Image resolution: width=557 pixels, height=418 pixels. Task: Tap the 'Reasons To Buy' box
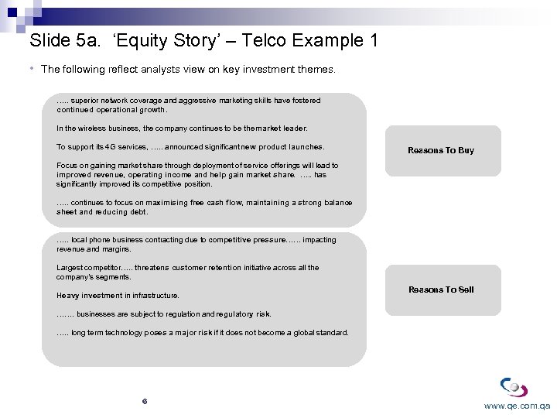[441, 150]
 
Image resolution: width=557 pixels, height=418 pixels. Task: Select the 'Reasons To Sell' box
[441, 290]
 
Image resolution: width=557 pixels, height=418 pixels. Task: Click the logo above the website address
[514, 386]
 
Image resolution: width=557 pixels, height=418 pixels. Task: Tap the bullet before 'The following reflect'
[32, 69]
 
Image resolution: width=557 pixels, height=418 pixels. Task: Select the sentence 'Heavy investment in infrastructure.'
[118, 296]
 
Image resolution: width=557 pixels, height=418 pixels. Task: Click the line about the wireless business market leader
[182, 128]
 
